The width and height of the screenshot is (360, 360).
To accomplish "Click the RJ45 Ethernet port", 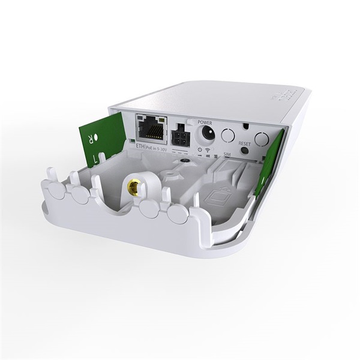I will click(x=152, y=128).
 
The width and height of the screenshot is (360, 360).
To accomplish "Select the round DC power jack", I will click(x=206, y=132).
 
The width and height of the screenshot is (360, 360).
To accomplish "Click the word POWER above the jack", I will click(x=206, y=120).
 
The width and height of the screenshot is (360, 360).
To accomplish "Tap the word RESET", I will click(x=244, y=144).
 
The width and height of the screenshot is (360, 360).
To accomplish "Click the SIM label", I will click(x=228, y=154).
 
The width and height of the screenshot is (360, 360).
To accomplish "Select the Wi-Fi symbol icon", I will click(x=206, y=149).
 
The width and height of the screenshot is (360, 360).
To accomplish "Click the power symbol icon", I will click(x=199, y=148).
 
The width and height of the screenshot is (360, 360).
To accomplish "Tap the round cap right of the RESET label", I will click(x=261, y=140).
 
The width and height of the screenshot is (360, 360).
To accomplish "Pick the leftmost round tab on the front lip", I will click(x=51, y=185).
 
